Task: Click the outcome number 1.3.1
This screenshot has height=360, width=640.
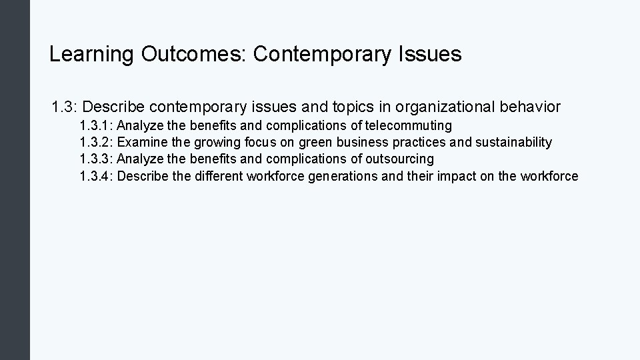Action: (x=96, y=125)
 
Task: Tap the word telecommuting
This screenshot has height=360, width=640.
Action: (x=409, y=125)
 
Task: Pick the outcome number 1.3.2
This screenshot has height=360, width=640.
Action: (x=96, y=142)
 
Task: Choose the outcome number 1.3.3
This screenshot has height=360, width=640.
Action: (x=96, y=159)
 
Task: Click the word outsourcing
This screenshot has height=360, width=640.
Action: (x=400, y=159)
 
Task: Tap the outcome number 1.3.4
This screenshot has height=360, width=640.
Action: (x=96, y=177)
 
